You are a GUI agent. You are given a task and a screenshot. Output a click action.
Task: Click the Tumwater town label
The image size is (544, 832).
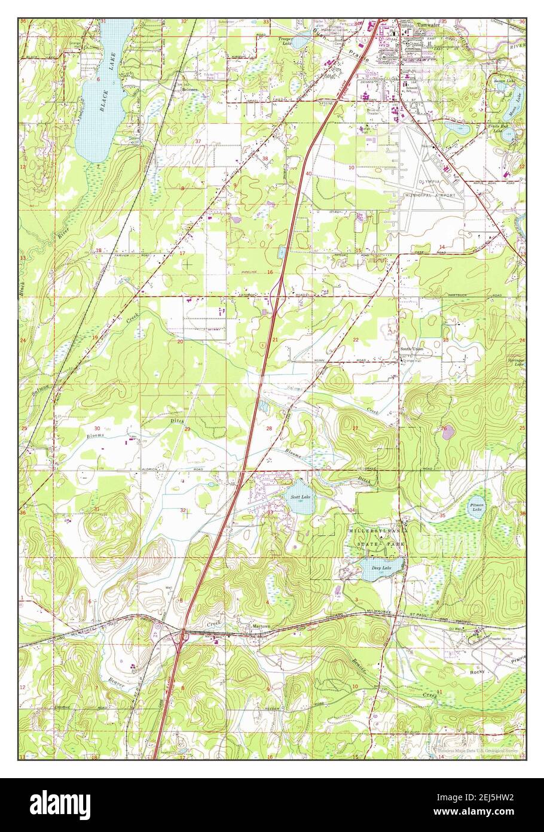pos(427,25)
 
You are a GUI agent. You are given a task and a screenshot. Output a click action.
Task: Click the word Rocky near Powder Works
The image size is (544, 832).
pos(476,672)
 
